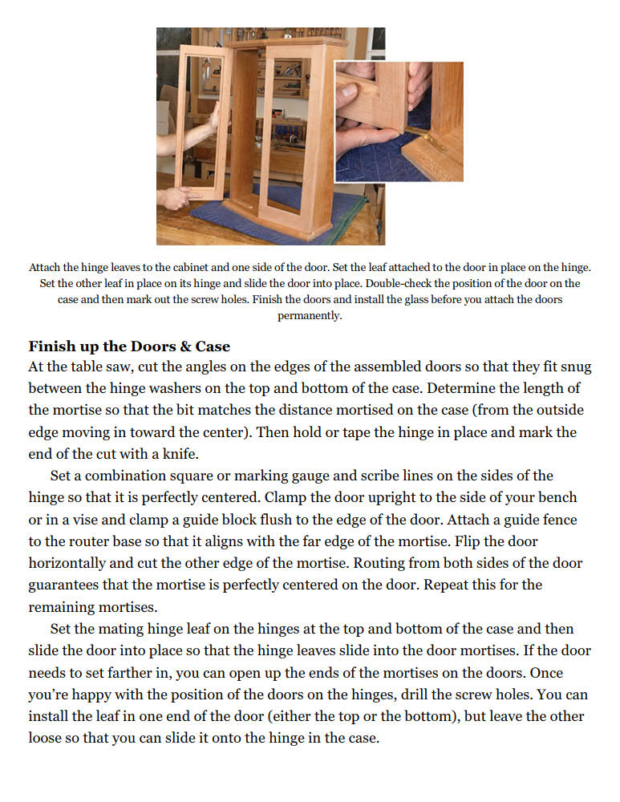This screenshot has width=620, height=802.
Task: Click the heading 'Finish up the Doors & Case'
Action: (129, 346)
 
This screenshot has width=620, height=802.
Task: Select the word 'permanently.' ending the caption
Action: (310, 315)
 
